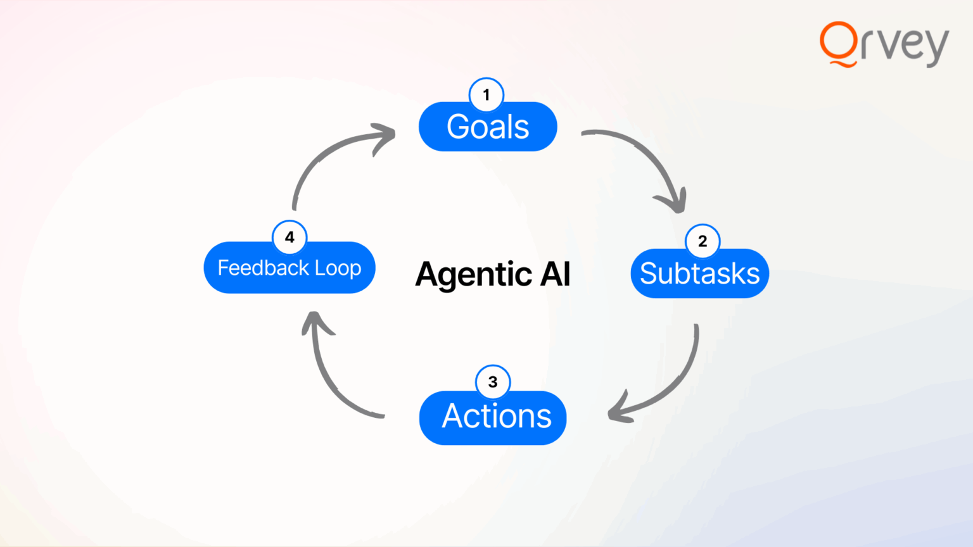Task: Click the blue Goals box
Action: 488,127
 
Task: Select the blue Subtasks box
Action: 699,273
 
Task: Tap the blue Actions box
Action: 493,417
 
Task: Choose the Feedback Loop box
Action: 289,268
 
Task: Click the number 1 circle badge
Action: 486,95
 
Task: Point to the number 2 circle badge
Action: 703,241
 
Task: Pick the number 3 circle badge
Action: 493,382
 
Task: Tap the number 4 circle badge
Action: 289,237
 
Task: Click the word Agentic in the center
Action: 474,275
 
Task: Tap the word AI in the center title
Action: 555,274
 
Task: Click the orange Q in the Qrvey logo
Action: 838,43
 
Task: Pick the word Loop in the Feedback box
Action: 338,268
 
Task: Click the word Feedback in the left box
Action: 263,268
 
